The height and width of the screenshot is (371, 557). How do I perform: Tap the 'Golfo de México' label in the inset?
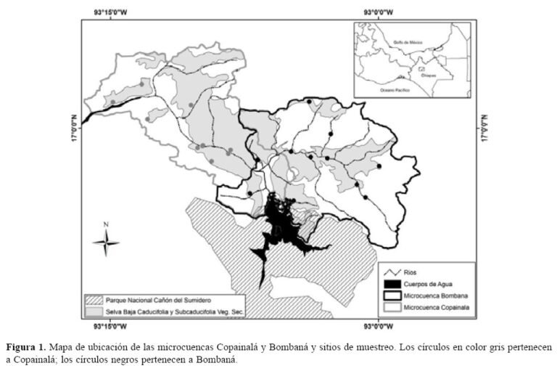[407, 42]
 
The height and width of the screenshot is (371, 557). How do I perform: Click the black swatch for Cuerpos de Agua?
[392, 284]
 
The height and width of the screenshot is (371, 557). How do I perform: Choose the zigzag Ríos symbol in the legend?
[392, 272]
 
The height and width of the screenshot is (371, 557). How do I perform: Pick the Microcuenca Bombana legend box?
[392, 296]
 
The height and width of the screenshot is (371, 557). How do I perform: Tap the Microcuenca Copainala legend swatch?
[392, 308]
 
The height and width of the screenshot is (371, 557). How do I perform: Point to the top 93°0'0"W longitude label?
[379, 11]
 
